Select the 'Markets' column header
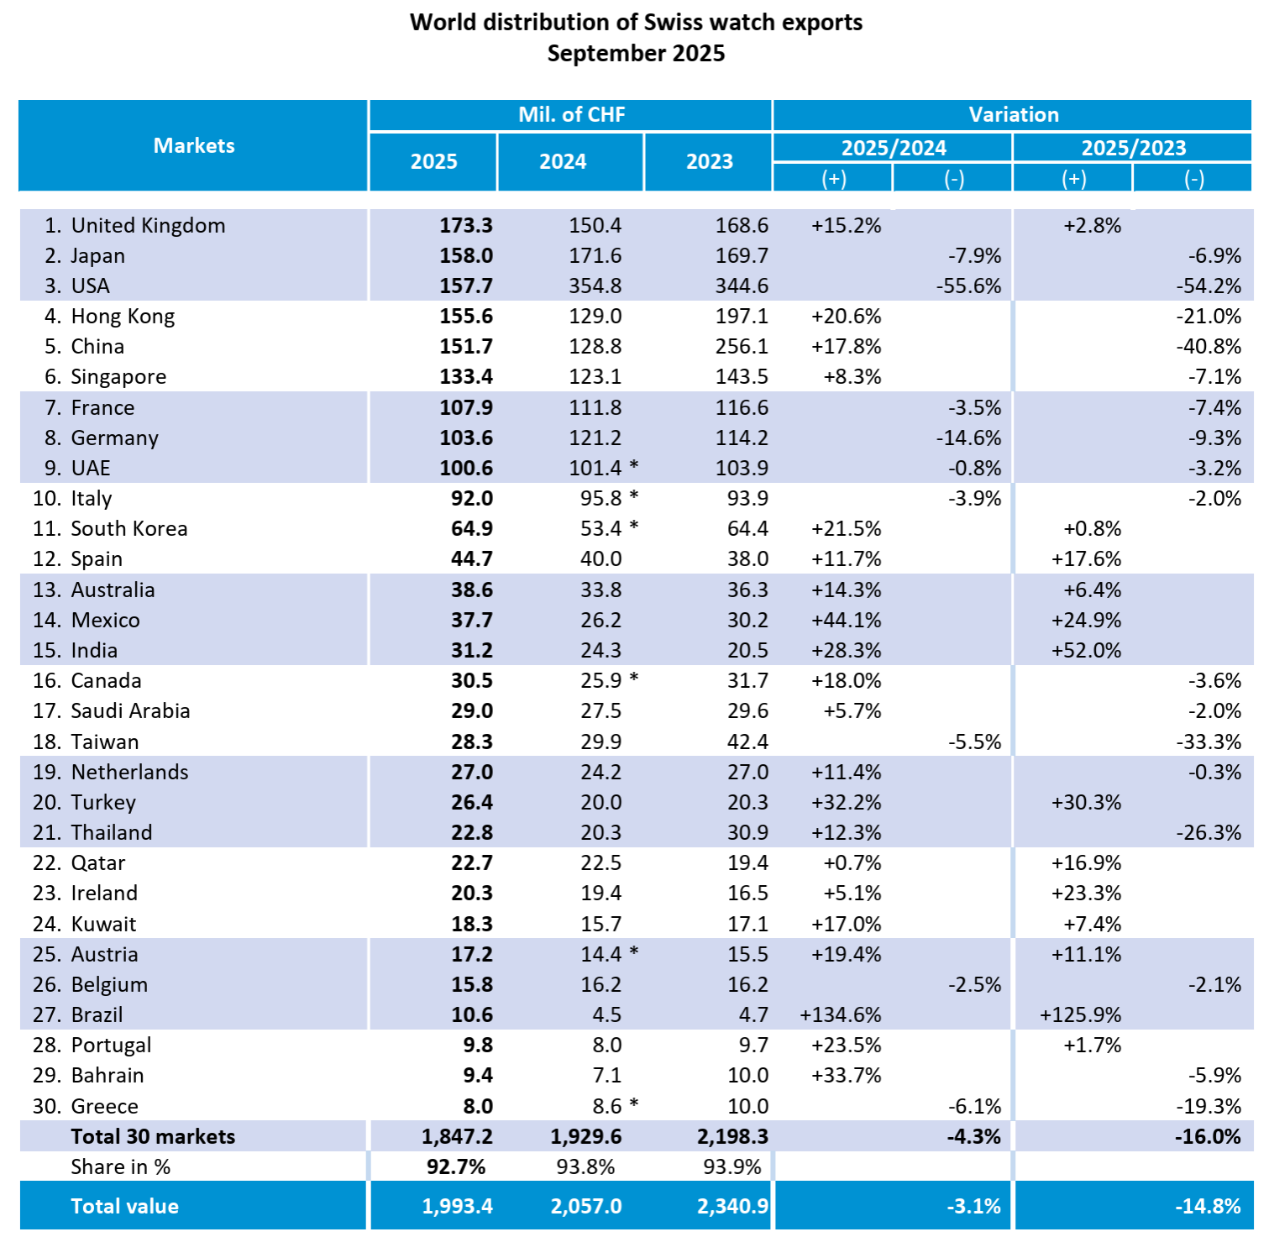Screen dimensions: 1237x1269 click(x=194, y=146)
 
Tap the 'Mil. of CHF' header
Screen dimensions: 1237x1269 click(x=571, y=115)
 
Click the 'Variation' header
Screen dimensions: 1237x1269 click(x=1013, y=115)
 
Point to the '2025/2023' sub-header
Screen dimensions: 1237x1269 click(x=1133, y=148)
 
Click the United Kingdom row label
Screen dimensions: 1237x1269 click(x=148, y=226)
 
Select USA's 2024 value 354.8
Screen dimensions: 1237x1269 click(x=595, y=286)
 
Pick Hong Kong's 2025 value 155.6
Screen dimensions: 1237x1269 click(x=466, y=317)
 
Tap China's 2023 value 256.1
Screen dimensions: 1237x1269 click(x=742, y=347)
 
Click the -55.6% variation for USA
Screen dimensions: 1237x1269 click(x=968, y=286)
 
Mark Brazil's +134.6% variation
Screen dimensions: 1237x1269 click(x=840, y=1015)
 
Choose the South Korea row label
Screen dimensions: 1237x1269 click(x=128, y=529)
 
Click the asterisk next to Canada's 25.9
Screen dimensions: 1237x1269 click(x=634, y=679)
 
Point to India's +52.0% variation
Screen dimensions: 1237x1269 click(x=1086, y=651)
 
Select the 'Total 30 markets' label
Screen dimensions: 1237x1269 click(x=153, y=1137)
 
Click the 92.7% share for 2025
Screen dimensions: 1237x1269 click(x=456, y=1167)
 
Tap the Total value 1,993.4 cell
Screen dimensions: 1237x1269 click(x=457, y=1207)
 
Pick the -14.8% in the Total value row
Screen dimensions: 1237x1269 click(x=1207, y=1207)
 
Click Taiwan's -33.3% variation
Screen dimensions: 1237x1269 click(x=1209, y=742)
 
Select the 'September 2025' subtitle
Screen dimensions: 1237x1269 click(x=636, y=54)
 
